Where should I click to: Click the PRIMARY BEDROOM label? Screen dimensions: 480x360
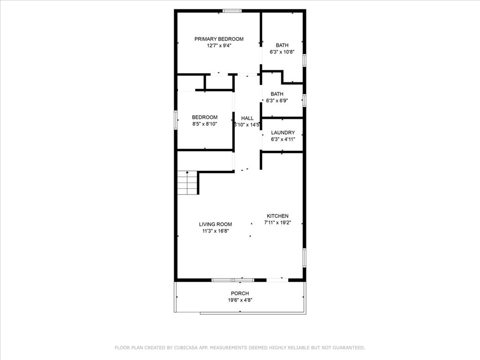tap(219, 39)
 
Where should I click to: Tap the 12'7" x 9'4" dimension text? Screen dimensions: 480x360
tap(219, 45)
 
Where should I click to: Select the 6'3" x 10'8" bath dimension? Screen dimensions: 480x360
tap(282, 52)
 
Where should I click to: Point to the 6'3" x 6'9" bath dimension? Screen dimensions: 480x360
tap(277, 100)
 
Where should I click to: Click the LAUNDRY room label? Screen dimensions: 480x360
tap(283, 133)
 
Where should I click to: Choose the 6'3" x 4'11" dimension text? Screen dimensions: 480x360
tap(283, 139)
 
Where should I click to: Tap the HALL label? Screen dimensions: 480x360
tap(247, 118)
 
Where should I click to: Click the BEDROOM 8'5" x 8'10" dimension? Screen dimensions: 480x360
tap(205, 124)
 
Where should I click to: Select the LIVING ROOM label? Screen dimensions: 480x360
tap(216, 224)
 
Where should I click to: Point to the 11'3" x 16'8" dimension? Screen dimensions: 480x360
tap(216, 231)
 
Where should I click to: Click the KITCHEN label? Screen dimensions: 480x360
tap(277, 216)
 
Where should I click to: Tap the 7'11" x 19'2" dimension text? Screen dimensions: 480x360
tap(277, 223)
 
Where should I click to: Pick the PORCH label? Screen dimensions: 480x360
tap(240, 293)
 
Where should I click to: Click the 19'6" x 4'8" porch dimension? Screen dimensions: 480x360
tap(240, 300)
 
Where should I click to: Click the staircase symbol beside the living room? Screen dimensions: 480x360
tap(187, 183)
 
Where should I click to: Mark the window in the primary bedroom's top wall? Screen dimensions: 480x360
tap(232, 11)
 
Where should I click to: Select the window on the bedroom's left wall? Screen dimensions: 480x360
tap(176, 120)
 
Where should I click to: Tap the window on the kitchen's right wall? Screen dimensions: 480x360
tap(304, 258)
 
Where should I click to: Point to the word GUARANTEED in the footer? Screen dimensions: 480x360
tap(349, 347)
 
